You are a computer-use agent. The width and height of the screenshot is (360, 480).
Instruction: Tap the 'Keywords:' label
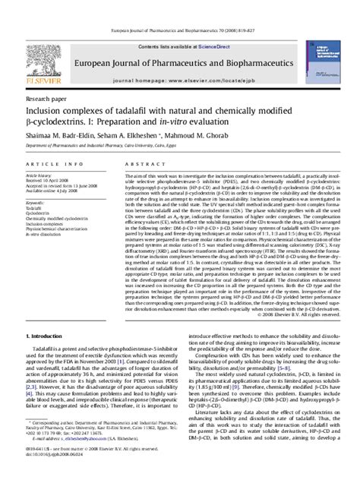[36, 203]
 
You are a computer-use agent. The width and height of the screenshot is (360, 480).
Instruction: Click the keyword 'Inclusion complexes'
[45, 225]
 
